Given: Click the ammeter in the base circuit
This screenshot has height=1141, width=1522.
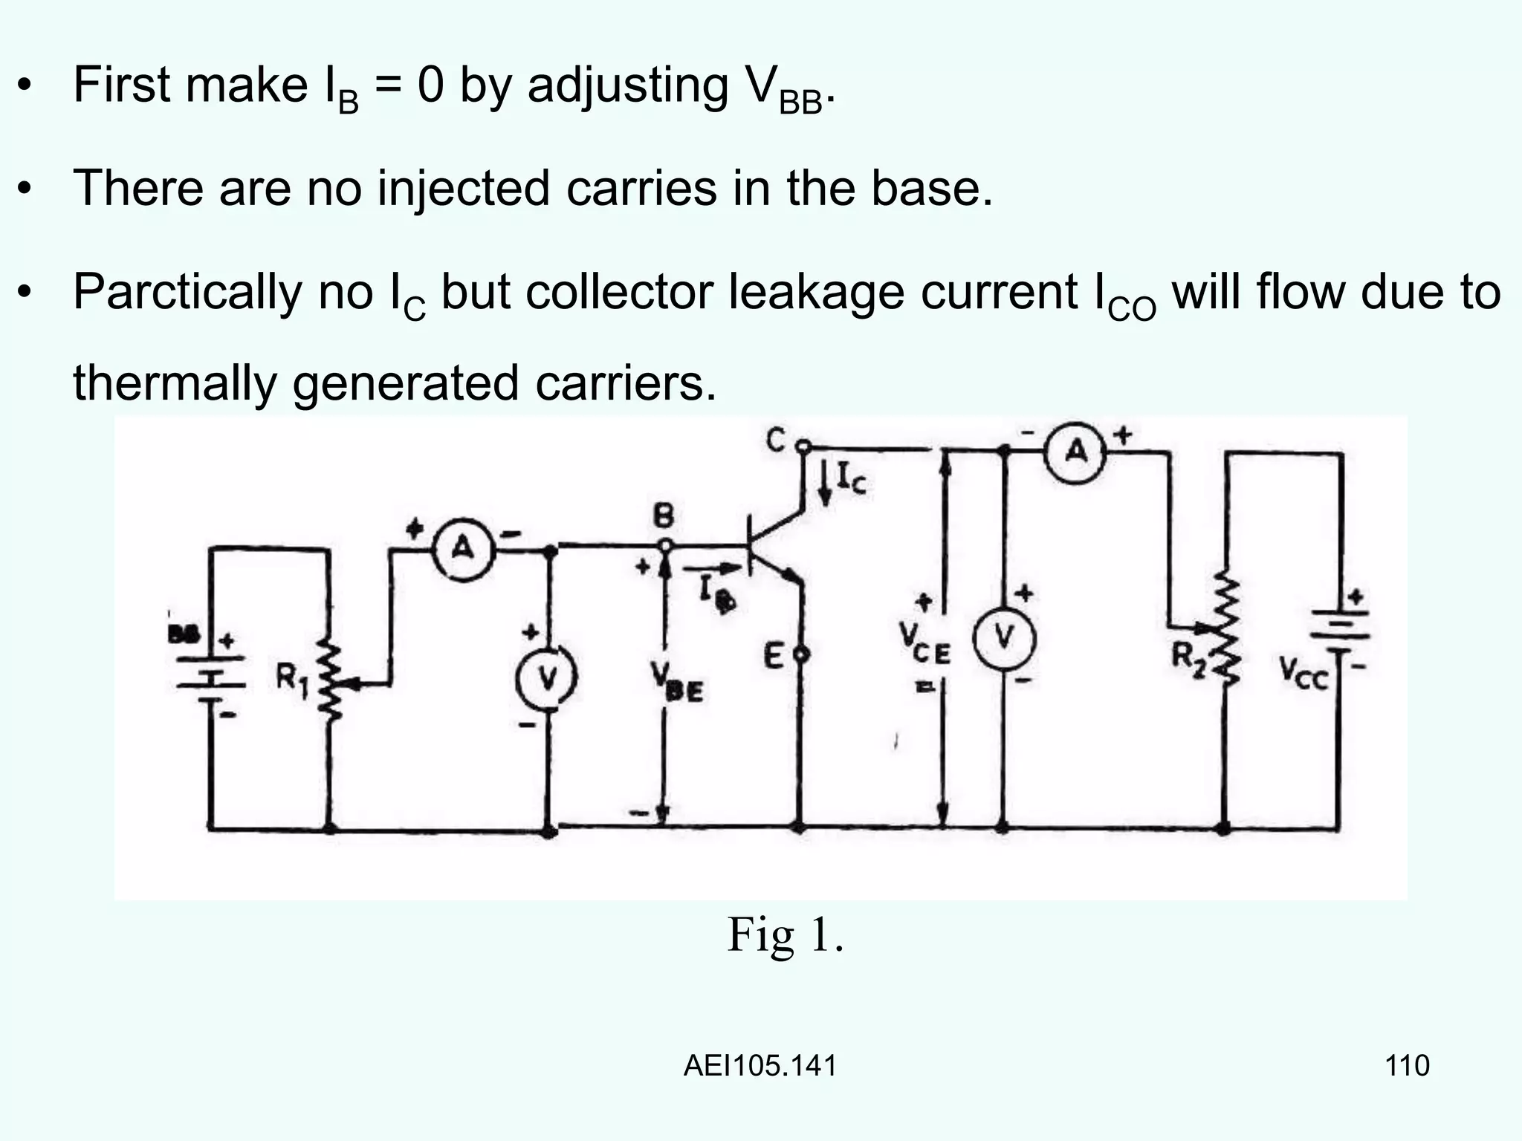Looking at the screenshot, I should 464,549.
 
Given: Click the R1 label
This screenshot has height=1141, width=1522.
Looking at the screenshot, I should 292,678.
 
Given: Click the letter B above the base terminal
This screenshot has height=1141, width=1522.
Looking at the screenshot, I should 664,516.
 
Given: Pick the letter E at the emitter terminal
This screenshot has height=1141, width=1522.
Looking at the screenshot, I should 774,656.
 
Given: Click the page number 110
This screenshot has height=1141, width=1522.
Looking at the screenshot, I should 1407,1065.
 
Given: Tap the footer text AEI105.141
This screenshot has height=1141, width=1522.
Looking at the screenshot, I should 760,1065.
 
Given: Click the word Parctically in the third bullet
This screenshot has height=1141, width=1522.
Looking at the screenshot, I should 186,293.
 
